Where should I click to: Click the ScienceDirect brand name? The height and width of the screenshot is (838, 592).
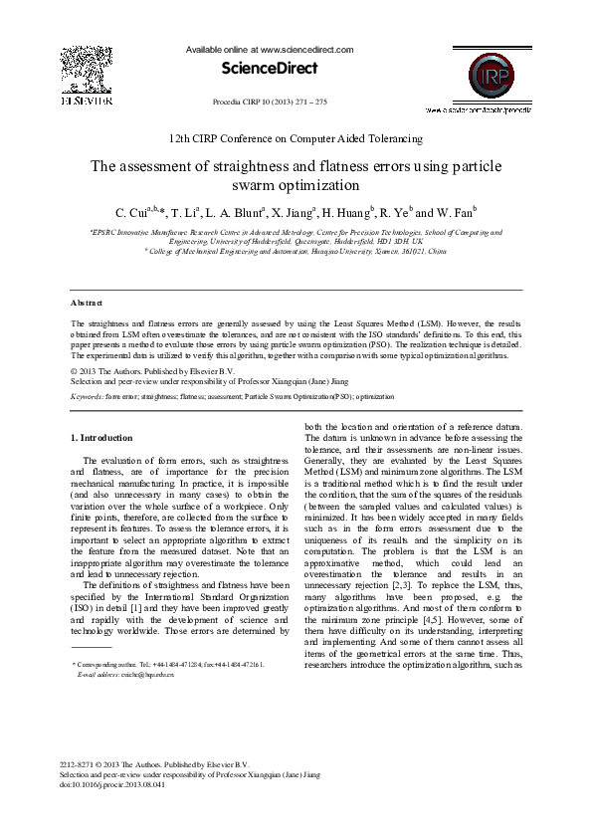point(270,69)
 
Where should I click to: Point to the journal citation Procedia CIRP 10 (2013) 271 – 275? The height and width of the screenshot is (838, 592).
point(270,103)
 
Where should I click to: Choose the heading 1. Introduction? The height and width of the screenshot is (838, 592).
point(101,438)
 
